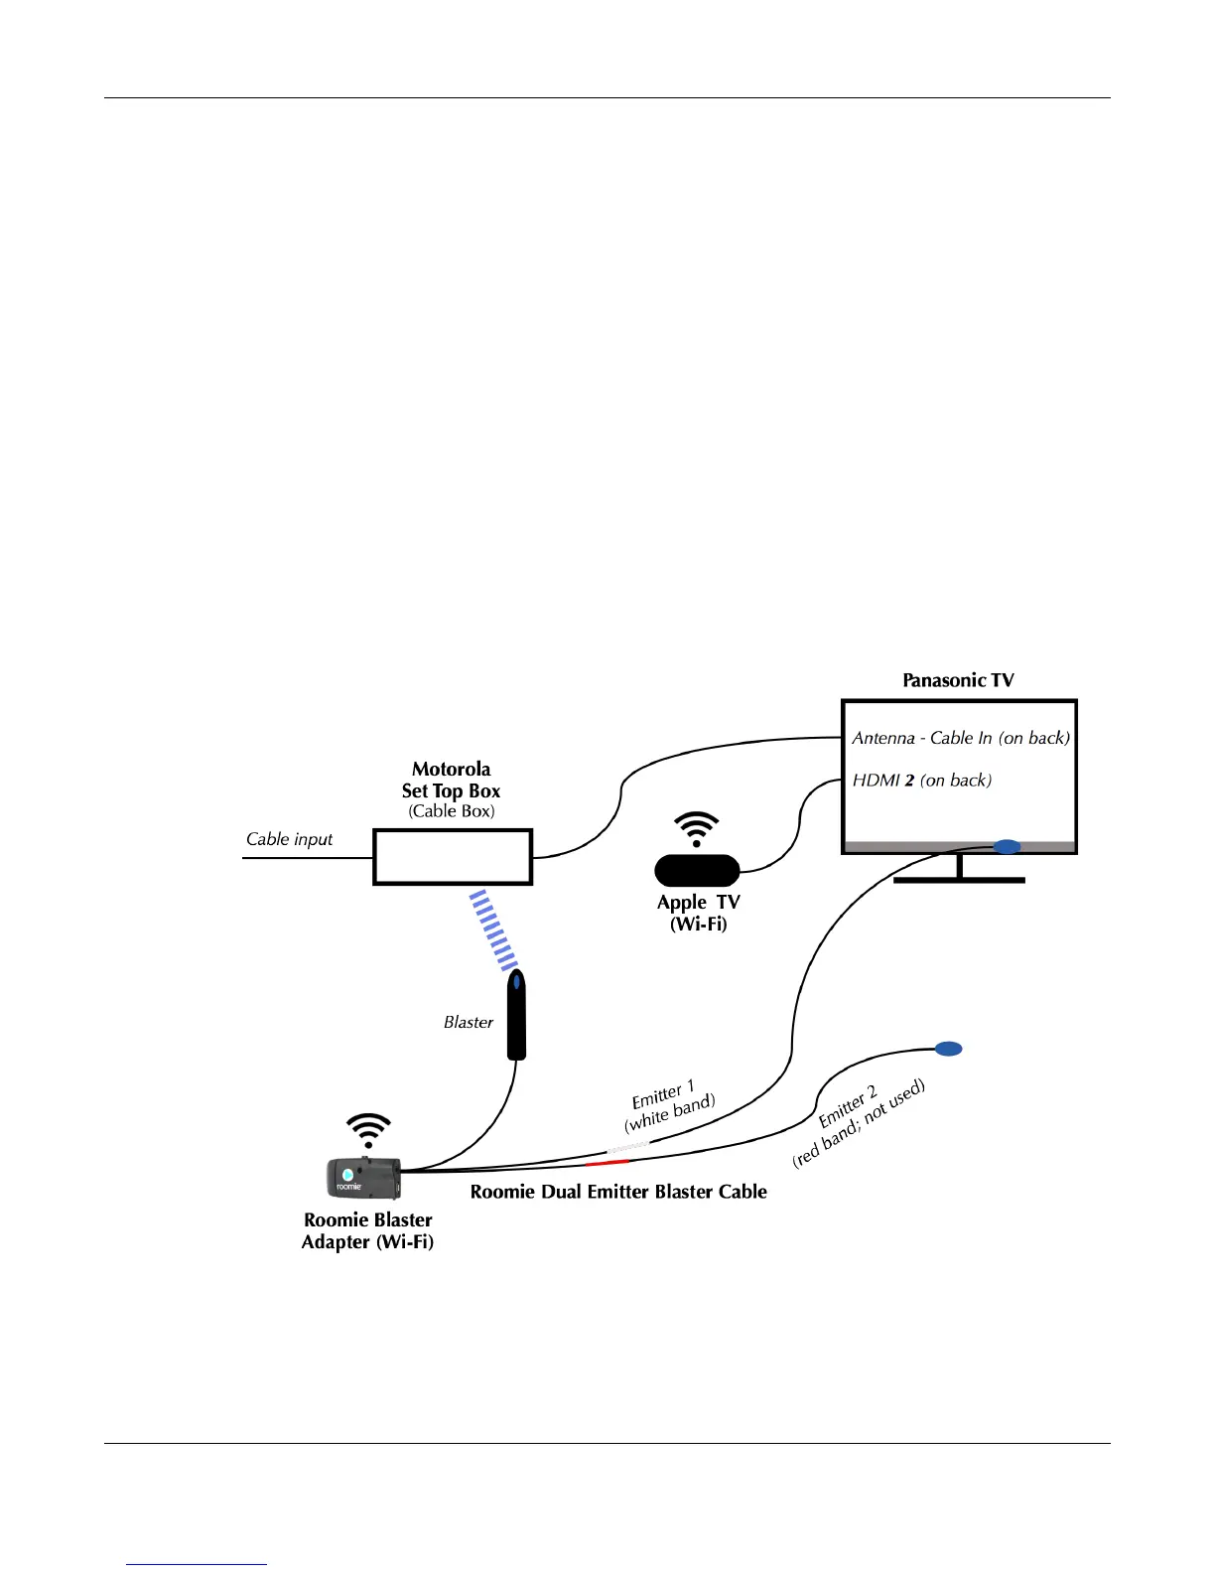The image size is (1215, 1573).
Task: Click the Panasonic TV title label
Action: pyautogui.click(x=958, y=680)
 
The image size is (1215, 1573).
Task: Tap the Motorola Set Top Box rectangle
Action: pyautogui.click(x=453, y=857)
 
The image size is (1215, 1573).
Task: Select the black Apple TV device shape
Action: pyautogui.click(x=697, y=871)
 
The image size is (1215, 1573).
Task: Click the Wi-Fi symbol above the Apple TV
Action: pyautogui.click(x=697, y=829)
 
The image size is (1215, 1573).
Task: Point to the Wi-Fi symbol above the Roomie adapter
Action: pyautogui.click(x=368, y=1130)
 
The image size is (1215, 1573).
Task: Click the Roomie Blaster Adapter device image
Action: pyautogui.click(x=363, y=1177)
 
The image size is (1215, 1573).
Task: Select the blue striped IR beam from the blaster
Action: pyautogui.click(x=493, y=929)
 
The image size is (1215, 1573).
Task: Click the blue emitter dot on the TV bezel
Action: pyautogui.click(x=1007, y=847)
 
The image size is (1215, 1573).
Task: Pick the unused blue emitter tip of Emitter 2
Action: pyautogui.click(x=949, y=1049)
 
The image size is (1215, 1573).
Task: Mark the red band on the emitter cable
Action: pyautogui.click(x=607, y=1162)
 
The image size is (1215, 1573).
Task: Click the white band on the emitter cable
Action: pyautogui.click(x=628, y=1147)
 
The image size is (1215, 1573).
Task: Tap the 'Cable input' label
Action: pyautogui.click(x=289, y=839)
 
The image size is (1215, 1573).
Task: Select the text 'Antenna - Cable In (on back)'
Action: pyautogui.click(x=961, y=738)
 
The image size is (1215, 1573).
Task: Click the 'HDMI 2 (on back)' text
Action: pyautogui.click(x=921, y=781)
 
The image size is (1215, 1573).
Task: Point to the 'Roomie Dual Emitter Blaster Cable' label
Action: pyautogui.click(x=618, y=1192)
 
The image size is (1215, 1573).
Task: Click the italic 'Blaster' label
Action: pyautogui.click(x=468, y=1022)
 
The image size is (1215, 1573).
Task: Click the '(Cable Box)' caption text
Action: pyautogui.click(x=452, y=811)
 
